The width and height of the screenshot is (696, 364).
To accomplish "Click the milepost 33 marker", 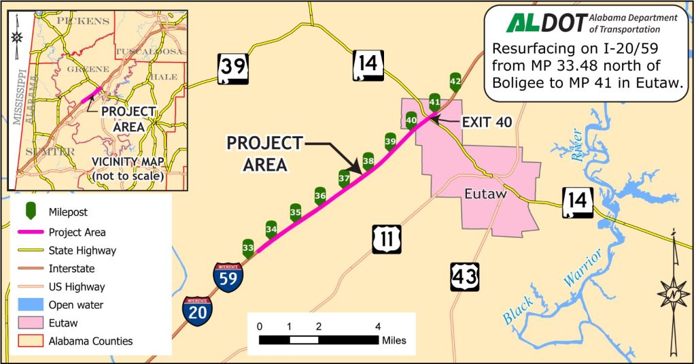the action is [x=248, y=247].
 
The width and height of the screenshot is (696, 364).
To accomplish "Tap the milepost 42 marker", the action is [x=455, y=82].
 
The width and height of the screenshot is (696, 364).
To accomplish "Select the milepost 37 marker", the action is [x=344, y=179].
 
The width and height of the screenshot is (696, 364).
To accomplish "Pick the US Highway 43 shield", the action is [x=464, y=276].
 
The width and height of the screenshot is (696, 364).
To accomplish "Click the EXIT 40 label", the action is [x=486, y=122].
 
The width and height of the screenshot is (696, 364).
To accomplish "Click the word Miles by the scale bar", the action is [x=394, y=340].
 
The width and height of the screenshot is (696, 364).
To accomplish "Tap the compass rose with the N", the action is [x=673, y=294].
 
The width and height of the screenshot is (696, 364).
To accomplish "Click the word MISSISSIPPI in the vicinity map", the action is [x=16, y=95].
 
